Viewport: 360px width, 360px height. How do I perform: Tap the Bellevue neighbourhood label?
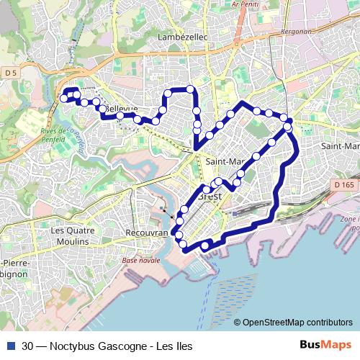point(121,109)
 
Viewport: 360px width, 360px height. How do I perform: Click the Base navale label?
point(140,260)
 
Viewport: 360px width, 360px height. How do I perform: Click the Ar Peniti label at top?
point(246,4)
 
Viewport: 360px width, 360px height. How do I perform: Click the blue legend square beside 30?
point(10,346)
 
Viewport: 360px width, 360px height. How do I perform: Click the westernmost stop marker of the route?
point(63,98)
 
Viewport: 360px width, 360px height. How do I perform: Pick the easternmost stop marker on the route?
point(288,127)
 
